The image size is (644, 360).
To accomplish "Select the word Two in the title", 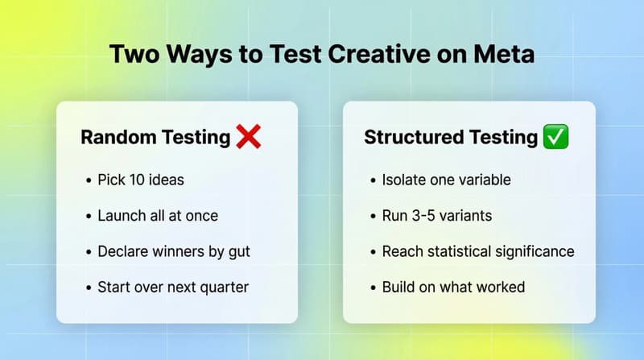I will tap(135, 56).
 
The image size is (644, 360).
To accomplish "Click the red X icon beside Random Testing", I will tap(249, 137).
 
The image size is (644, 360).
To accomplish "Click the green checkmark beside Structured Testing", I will tap(556, 137).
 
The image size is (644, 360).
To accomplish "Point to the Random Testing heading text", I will tap(155, 137).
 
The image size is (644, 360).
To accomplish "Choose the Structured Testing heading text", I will tap(451, 137).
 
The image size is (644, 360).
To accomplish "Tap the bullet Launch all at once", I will tap(158, 215).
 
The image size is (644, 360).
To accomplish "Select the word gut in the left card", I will tap(238, 251).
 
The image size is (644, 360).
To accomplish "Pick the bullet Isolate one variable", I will tap(446, 180).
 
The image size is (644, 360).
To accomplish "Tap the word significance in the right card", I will tap(533, 251).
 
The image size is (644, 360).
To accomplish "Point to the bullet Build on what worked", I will tap(453, 287).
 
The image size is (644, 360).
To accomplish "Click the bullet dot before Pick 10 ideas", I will tap(88, 180).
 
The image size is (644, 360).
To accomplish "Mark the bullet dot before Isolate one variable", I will tap(373, 180).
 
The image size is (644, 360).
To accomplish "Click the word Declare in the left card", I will tap(123, 251).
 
